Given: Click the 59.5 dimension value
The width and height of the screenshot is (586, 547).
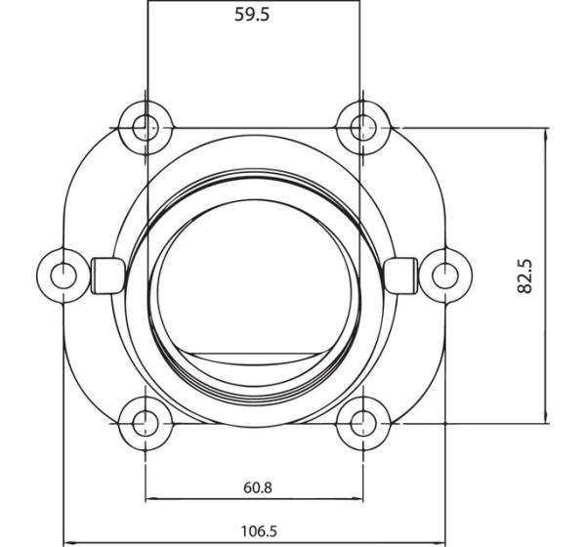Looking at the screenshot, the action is (252, 15).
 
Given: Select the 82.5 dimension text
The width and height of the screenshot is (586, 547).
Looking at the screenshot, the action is (525, 275).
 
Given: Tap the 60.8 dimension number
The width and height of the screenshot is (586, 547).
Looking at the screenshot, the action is (258, 488).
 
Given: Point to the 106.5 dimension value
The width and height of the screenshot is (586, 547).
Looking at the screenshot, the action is (259, 531).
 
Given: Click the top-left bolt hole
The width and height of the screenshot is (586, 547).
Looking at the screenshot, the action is (146, 128).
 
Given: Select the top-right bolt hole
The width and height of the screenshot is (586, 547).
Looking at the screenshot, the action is (363, 128).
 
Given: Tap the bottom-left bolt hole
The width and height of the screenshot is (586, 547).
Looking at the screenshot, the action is (146, 424).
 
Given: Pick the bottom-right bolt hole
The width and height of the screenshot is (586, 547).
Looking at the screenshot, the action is (363, 424).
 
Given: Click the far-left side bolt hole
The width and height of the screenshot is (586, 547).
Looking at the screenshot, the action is (63, 275).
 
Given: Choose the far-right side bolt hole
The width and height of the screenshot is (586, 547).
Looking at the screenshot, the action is (445, 275).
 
